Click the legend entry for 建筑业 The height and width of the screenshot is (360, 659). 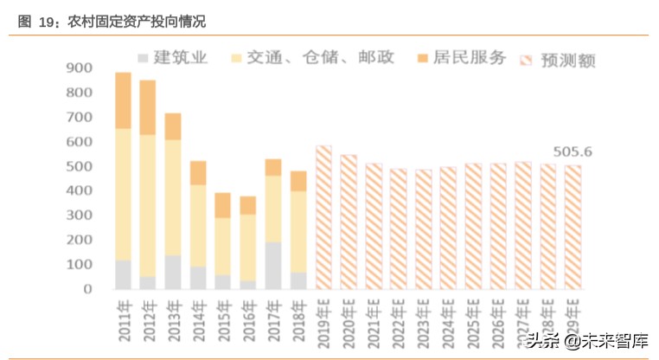[173, 58]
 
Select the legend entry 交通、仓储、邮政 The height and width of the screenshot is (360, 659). [311, 58]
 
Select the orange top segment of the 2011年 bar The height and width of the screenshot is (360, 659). [123, 100]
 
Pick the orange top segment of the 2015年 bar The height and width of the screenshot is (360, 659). [223, 205]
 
